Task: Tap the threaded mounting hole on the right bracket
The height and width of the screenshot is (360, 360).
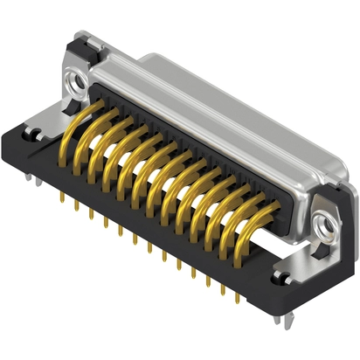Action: point(327,225)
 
